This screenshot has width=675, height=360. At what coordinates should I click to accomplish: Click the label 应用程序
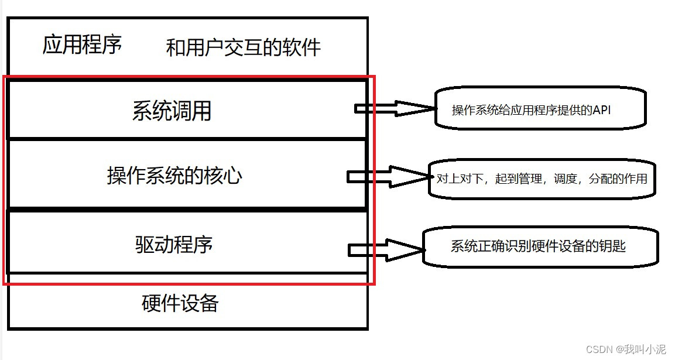pyautogui.click(x=82, y=44)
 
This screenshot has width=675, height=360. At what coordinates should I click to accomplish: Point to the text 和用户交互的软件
pyautogui.click(x=244, y=47)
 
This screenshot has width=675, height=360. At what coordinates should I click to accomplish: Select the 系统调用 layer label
pyautogui.click(x=172, y=111)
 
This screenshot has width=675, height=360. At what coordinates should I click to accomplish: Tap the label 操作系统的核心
pyautogui.click(x=174, y=176)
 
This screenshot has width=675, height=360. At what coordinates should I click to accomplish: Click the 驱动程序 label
pyautogui.click(x=174, y=244)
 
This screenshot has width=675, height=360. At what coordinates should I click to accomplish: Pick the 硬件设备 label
pyautogui.click(x=180, y=303)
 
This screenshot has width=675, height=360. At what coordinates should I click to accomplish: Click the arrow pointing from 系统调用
pyautogui.click(x=395, y=108)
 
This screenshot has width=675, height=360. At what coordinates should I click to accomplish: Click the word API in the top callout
pyautogui.click(x=601, y=109)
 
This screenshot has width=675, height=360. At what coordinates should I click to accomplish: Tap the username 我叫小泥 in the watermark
pyautogui.click(x=645, y=349)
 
